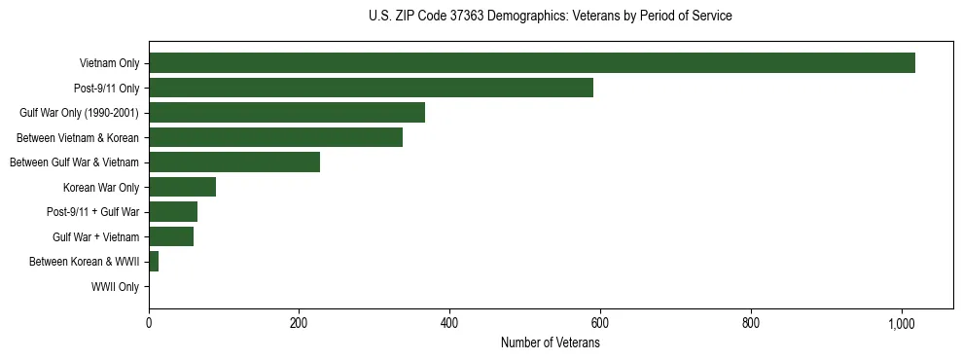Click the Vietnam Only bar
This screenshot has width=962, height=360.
[x=531, y=63]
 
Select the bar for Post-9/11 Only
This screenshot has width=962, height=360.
[x=371, y=88]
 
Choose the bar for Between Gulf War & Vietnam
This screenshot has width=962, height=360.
[x=234, y=162]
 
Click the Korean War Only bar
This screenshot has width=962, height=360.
[x=182, y=187]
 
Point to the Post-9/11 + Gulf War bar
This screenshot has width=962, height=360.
[x=173, y=212]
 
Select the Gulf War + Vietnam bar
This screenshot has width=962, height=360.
[x=171, y=236]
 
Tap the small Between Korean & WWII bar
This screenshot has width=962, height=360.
[x=154, y=262]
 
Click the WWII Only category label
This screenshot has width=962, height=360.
[x=115, y=287]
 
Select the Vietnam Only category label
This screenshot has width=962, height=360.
[x=109, y=64]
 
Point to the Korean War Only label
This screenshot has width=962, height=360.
[x=101, y=188]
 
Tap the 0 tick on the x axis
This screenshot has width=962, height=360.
[x=149, y=323]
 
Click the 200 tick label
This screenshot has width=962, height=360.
[x=300, y=323]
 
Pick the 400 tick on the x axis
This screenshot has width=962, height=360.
[x=449, y=323]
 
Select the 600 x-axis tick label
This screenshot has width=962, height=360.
[x=600, y=323]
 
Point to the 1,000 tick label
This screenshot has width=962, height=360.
[x=902, y=323]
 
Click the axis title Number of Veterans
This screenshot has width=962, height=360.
[x=550, y=343]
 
